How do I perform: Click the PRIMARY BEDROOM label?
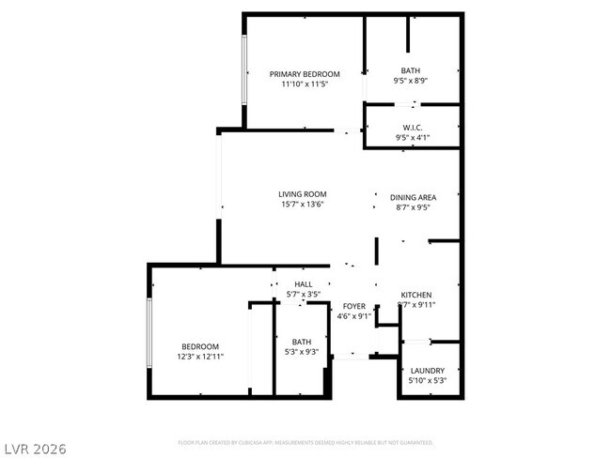(305, 74)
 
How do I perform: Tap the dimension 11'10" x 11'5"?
(305, 84)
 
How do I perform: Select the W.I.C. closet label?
(412, 128)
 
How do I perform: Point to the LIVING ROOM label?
(301, 194)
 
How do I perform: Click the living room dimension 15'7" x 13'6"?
(301, 205)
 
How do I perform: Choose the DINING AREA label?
(414, 197)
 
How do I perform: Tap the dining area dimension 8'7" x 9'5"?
(414, 207)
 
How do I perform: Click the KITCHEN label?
(415, 295)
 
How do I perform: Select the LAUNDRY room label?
(428, 371)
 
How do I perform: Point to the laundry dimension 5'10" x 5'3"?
(428, 381)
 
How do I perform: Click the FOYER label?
(353, 306)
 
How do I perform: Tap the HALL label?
(303, 284)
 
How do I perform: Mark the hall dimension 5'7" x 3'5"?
(303, 295)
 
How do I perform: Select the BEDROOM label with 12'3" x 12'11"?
(200, 346)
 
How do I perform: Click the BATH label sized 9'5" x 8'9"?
(411, 70)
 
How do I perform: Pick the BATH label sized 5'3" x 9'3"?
(301, 342)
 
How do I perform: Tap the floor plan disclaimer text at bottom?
(305, 441)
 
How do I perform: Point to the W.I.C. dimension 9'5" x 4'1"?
(412, 139)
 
